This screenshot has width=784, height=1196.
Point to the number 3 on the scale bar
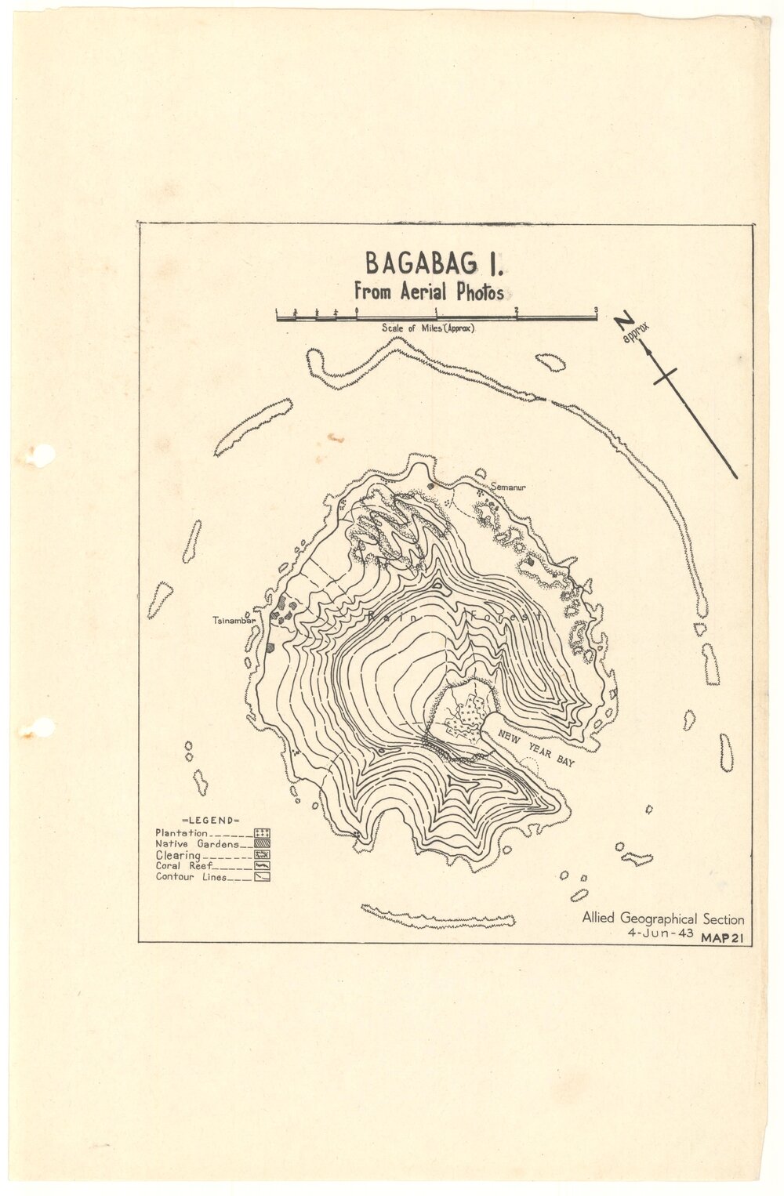(x=597, y=310)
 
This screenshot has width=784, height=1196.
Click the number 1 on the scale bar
(x=436, y=310)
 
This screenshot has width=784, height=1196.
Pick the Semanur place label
(x=507, y=487)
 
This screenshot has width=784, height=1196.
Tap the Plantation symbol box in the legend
(x=262, y=833)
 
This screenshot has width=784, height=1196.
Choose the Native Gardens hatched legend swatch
(x=262, y=844)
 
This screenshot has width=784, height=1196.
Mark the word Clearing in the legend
(x=178, y=855)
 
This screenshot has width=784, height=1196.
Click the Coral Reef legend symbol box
(x=262, y=866)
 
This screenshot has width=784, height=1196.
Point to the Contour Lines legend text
(x=191, y=877)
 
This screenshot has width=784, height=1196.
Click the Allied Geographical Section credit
(x=662, y=919)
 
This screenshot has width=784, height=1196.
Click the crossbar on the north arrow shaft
(x=666, y=375)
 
